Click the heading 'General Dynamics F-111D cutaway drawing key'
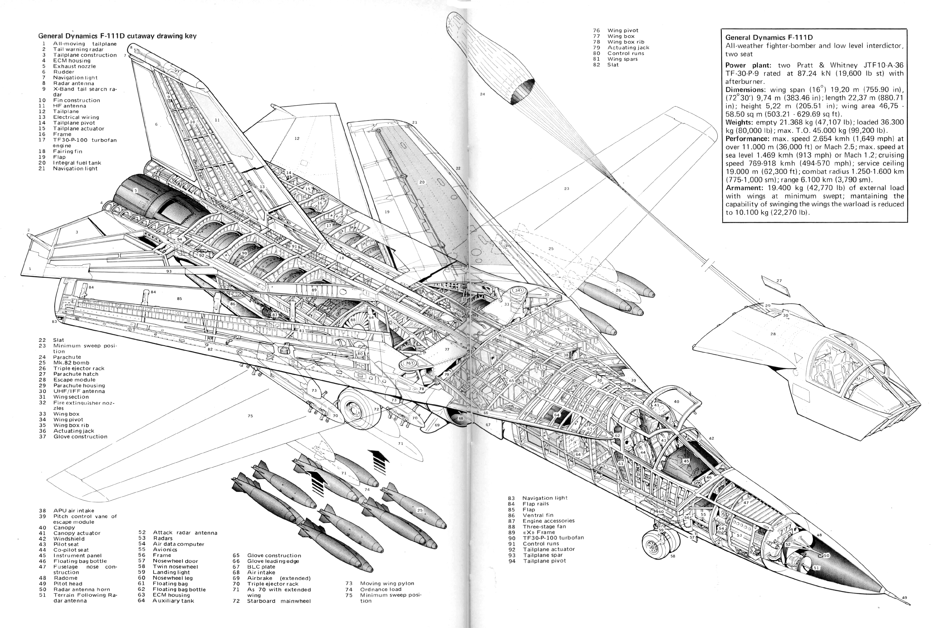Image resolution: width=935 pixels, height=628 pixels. click(117, 36)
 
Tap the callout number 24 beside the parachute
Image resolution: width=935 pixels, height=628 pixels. click(482, 94)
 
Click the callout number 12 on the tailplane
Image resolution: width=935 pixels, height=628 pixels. click(297, 139)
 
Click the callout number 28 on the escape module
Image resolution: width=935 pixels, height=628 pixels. click(773, 334)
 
